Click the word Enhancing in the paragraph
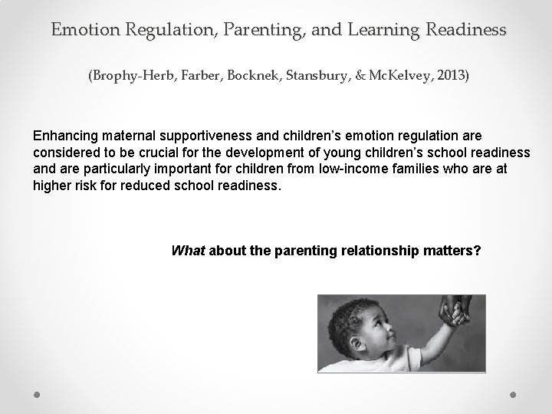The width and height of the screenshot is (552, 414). [64, 136]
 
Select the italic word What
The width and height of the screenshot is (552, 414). [188, 250]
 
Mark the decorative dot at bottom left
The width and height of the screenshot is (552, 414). [38, 394]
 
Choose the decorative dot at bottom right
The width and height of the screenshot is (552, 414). [513, 394]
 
